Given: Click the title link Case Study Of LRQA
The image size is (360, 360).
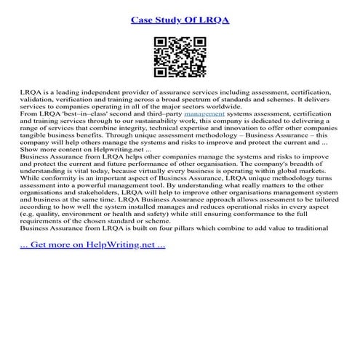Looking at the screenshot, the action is [180, 19].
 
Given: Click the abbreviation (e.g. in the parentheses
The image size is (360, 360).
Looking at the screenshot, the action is [29, 217].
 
